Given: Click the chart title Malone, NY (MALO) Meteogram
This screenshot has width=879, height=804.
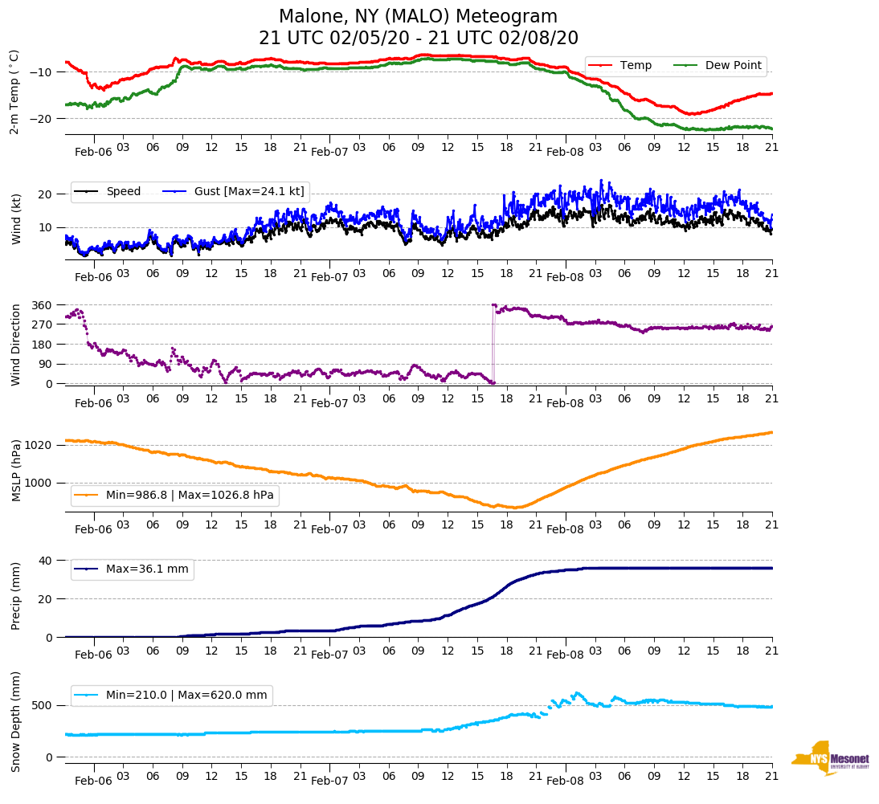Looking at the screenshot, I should pyautogui.click(x=418, y=17).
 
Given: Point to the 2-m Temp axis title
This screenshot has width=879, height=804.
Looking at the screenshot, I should pyautogui.click(x=14, y=92).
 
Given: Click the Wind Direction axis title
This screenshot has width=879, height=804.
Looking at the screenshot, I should pyautogui.click(x=15, y=344).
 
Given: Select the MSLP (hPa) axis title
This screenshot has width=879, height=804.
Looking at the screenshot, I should pyautogui.click(x=15, y=470).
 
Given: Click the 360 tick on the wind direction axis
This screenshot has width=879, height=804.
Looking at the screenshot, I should pyautogui.click(x=43, y=305).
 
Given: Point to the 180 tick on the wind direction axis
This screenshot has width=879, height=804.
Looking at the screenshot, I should pyautogui.click(x=43, y=345).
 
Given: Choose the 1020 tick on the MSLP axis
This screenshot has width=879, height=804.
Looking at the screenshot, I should pyautogui.click(x=40, y=445).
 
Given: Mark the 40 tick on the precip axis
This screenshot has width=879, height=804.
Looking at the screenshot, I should pyautogui.click(x=46, y=561).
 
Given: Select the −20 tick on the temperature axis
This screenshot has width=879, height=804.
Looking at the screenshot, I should pyautogui.click(x=42, y=118).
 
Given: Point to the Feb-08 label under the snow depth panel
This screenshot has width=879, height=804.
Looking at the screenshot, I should pyautogui.click(x=565, y=781).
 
